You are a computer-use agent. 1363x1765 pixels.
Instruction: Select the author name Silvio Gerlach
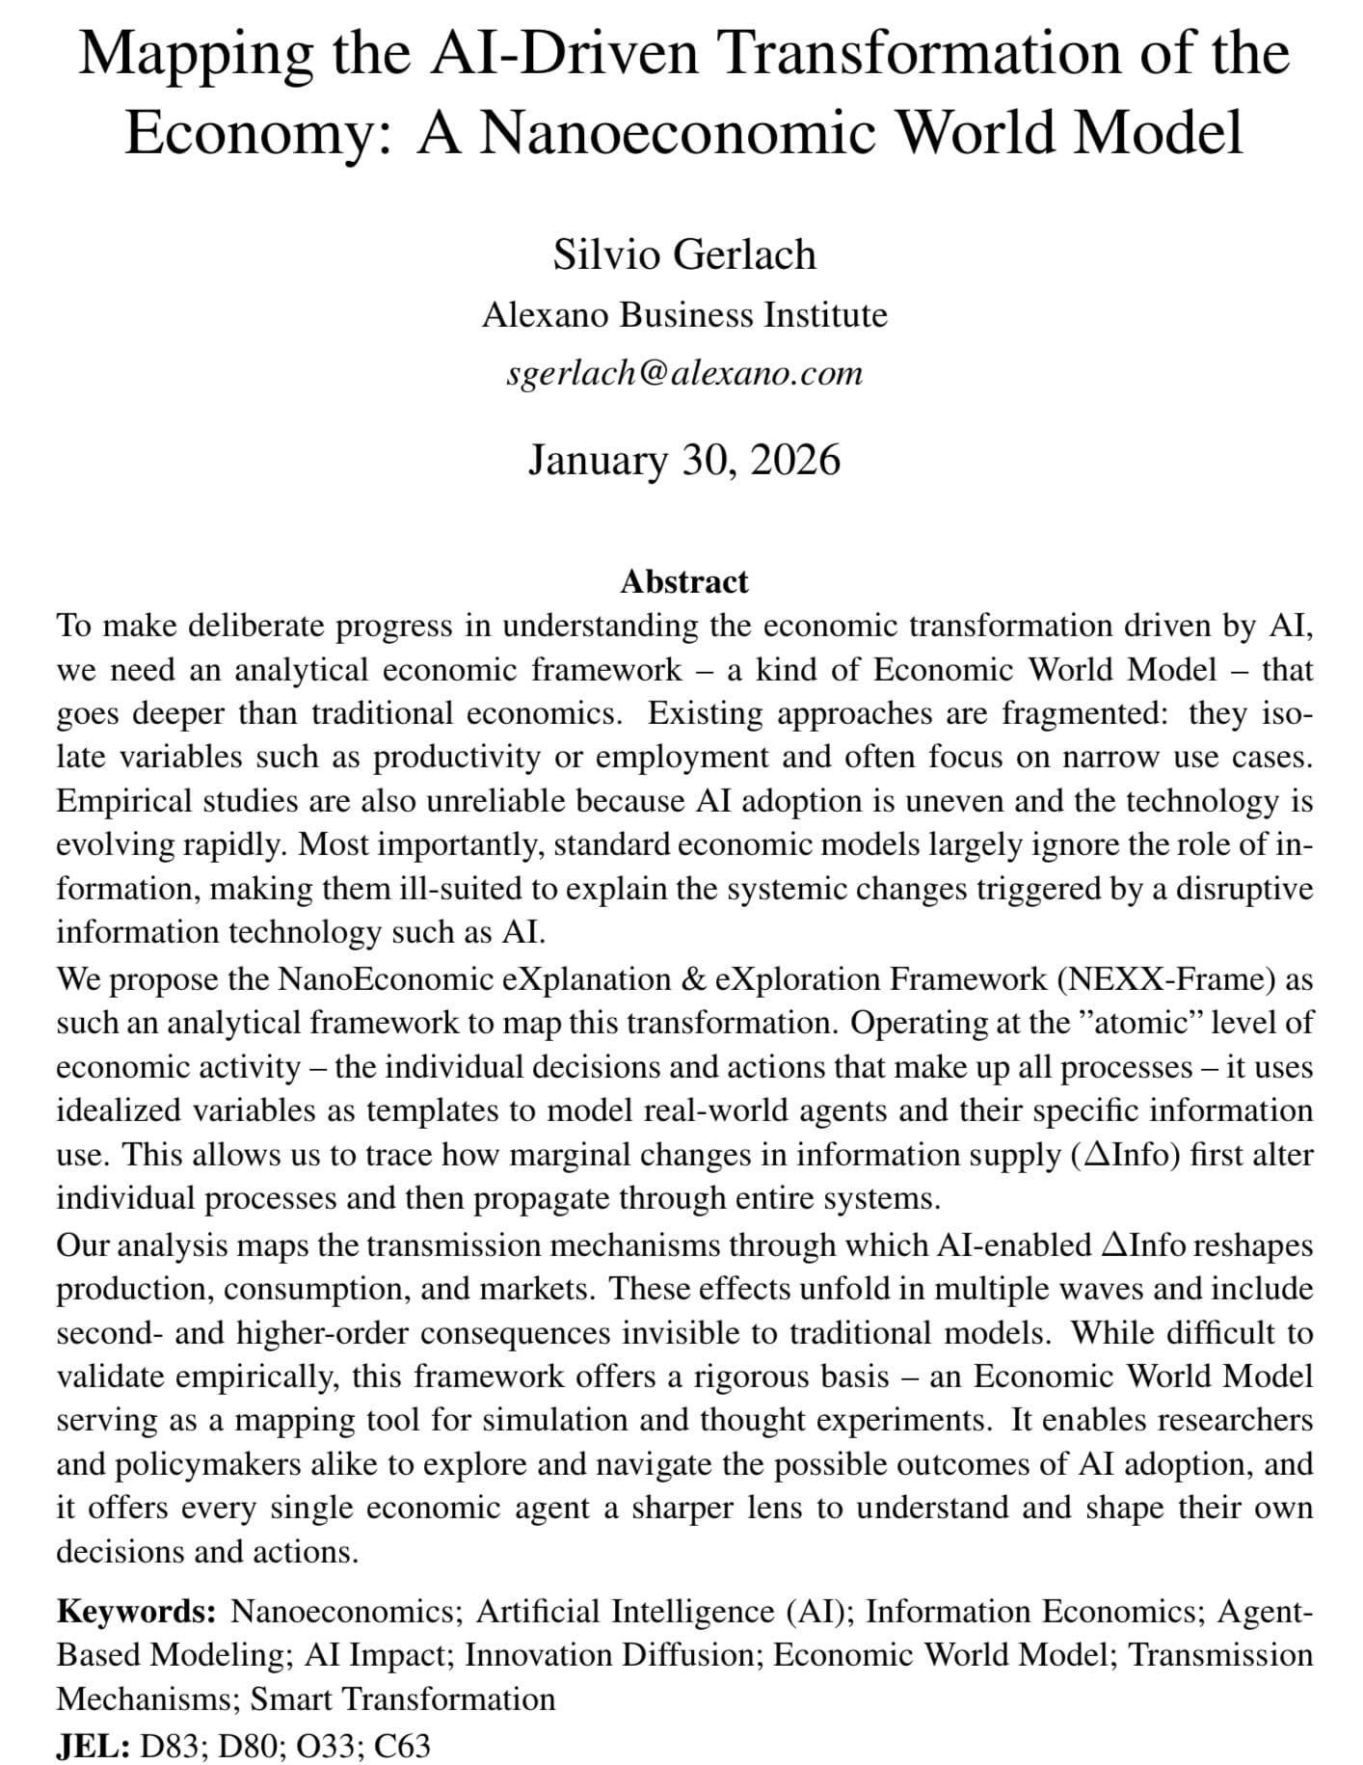pos(684,254)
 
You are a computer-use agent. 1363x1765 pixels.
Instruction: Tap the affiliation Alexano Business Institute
pos(684,315)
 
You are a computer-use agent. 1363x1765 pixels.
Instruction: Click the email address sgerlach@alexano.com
pos(684,372)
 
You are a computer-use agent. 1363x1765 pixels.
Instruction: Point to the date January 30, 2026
pos(684,459)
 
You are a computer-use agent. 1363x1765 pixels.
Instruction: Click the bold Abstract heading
pos(684,581)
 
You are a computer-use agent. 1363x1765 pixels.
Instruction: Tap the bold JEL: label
pos(93,1745)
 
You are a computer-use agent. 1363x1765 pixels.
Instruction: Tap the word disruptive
pos(1240,888)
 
